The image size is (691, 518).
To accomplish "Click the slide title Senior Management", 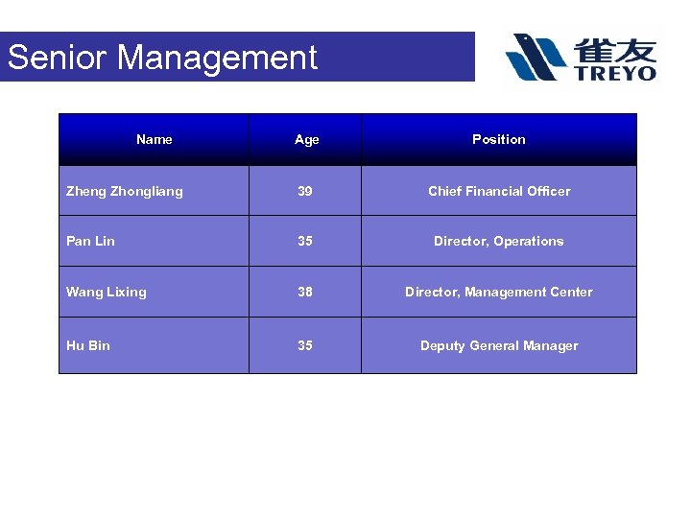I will [162, 58].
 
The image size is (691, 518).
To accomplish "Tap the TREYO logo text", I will [616, 73].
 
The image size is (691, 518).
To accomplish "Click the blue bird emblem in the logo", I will [536, 57].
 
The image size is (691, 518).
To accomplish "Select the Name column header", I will [155, 140].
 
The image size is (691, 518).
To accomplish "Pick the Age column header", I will [306, 140].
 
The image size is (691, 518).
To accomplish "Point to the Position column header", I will [498, 140].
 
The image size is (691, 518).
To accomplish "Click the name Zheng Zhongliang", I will [124, 192].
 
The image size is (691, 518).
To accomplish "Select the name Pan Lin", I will [90, 242].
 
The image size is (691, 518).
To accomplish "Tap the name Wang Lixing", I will [106, 293].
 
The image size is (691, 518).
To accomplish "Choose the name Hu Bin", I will [87, 346].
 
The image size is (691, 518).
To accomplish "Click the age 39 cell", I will [305, 192].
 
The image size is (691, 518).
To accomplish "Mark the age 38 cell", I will [305, 293].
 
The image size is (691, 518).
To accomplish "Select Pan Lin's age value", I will [305, 242].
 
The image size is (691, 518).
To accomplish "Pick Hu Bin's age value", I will [305, 346].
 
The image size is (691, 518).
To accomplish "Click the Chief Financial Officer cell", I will [498, 192].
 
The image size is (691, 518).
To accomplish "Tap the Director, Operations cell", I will [498, 242].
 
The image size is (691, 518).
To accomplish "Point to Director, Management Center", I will [498, 293].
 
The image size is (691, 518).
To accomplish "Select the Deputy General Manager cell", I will [498, 346].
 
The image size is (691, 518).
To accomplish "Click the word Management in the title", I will [217, 58].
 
